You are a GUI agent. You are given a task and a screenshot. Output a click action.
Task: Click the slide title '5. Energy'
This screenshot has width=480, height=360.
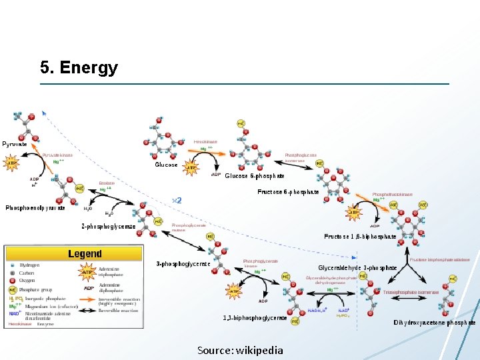click(79, 68)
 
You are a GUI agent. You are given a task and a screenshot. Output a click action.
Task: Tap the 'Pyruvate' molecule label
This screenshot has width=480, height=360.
click(15, 144)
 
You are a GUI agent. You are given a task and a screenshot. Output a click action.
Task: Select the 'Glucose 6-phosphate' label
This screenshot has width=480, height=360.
click(255, 176)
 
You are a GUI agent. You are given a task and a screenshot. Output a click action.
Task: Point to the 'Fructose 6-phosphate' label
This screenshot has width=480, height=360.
click(288, 192)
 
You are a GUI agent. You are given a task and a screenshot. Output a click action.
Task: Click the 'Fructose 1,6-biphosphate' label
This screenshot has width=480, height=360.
click(360, 236)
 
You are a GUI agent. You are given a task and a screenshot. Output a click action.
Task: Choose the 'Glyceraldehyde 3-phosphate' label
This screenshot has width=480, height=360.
click(357, 268)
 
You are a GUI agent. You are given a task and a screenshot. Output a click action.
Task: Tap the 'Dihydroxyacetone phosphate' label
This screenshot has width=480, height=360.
click(435, 323)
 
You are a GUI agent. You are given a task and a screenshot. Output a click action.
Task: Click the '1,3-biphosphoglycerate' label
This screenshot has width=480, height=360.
click(255, 318)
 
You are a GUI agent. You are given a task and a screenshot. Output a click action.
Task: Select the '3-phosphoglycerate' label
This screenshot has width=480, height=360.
click(183, 263)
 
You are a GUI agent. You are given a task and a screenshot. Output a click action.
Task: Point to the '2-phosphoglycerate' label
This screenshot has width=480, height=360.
click(109, 226)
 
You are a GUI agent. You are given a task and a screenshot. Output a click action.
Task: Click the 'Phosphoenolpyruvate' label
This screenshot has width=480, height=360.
click(35, 208)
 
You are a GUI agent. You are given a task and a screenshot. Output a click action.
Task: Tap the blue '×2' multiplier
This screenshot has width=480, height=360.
click(177, 200)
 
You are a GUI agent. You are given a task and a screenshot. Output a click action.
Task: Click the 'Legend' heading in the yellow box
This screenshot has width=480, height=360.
click(85, 253)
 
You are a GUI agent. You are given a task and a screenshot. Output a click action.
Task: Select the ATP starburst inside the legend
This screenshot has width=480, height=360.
click(87, 272)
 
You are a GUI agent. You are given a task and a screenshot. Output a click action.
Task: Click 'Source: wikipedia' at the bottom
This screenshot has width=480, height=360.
click(240, 350)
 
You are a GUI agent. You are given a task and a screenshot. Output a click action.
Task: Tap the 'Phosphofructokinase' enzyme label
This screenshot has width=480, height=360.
click(392, 194)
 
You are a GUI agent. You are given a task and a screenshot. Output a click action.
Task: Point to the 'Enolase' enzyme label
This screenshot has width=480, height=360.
click(107, 183)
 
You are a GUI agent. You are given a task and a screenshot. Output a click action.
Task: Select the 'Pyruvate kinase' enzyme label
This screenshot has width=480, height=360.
click(57, 155)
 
